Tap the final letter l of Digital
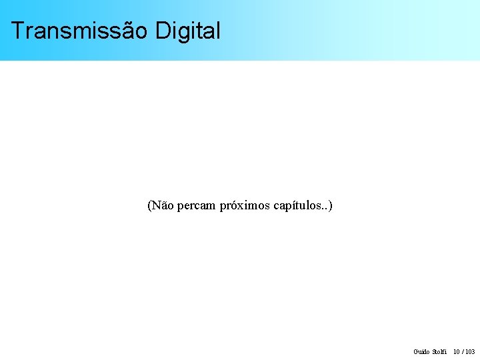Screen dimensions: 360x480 [217, 31]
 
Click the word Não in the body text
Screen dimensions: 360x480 [163, 205]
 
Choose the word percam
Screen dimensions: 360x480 [197, 206]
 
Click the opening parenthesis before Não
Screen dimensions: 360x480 [149, 205]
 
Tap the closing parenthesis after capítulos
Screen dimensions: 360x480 [330, 205]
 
